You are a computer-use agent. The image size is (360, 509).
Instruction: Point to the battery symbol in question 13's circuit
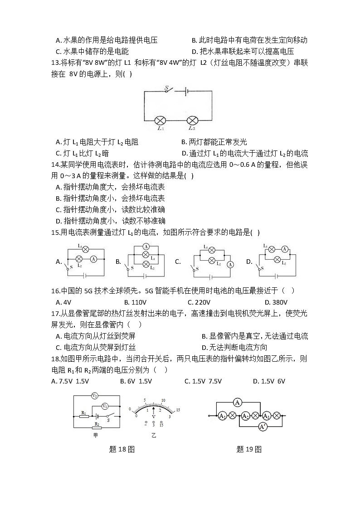pyautogui.click(x=185, y=91)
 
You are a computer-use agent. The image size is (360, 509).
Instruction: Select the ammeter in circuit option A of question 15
pyautogui.click(x=93, y=259)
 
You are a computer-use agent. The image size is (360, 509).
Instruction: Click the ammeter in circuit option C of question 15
pyautogui.click(x=230, y=264)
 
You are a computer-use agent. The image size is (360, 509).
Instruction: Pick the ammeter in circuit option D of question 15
pyautogui.click(x=284, y=249)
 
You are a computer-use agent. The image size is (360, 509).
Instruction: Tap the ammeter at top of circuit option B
pyautogui.click(x=146, y=247)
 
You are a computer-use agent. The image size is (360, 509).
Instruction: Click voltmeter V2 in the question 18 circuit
pyautogui.click(x=94, y=396)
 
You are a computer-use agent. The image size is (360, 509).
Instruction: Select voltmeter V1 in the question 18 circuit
pyautogui.click(x=105, y=406)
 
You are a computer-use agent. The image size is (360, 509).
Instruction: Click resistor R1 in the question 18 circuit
pyautogui.click(x=84, y=416)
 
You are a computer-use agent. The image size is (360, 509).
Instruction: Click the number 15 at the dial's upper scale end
pyautogui.click(x=178, y=410)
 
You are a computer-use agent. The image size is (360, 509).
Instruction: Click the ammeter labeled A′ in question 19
pyautogui.click(x=262, y=427)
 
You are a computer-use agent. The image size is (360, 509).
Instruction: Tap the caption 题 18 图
pyautogui.click(x=122, y=450)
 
